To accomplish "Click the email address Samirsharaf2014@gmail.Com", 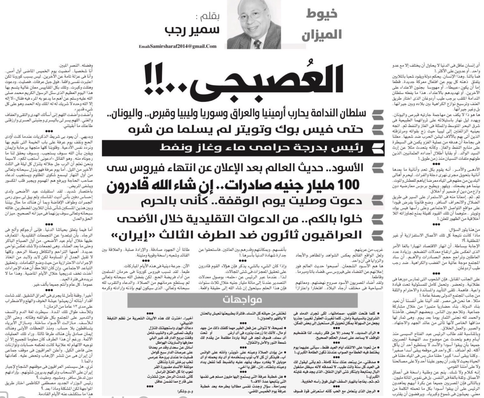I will coord(178,46).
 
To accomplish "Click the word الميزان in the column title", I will coord(322,34).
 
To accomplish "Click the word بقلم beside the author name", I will coord(207,17).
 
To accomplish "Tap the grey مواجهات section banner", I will coord(242,300).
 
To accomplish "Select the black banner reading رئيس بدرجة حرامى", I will coord(243,148).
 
